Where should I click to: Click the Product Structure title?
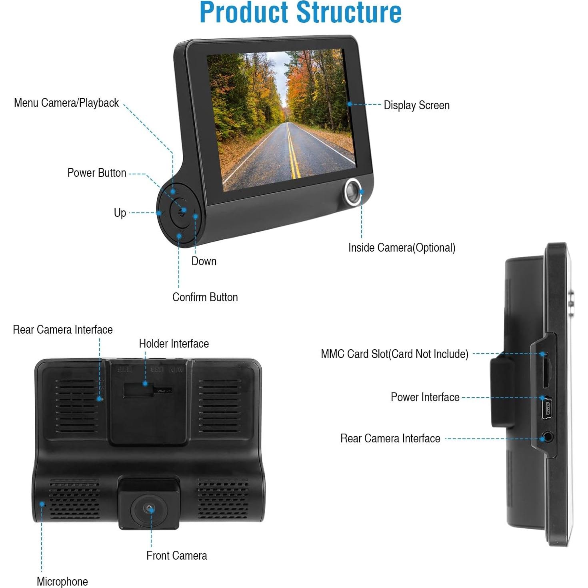coord(300,12)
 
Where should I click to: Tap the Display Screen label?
coord(416,105)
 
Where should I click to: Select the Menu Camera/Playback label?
coord(66,103)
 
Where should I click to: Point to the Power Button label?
coord(97,173)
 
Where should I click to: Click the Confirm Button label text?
coord(205,297)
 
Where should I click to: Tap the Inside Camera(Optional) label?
coord(402,248)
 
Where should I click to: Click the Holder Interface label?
coord(174,344)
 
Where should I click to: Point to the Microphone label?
coord(62,582)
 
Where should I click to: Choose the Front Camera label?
coord(177,555)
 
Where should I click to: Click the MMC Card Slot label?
coord(394,354)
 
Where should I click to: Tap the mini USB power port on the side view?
coord(546,408)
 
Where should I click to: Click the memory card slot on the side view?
coord(546,371)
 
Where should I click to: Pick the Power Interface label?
coord(425,397)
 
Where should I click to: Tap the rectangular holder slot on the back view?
coord(138,390)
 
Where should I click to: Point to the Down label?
coord(204,261)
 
